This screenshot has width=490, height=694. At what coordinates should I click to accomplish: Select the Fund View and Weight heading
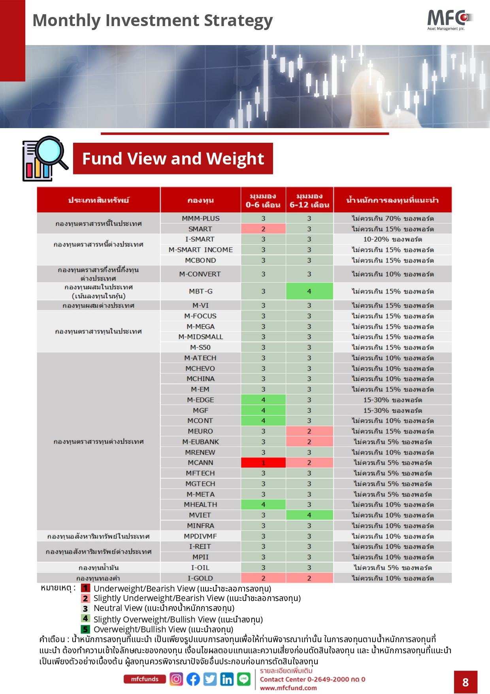(x=173, y=159)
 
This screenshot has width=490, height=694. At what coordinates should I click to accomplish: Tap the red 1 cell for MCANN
(x=263, y=463)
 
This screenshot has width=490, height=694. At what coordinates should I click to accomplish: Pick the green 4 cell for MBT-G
(x=309, y=291)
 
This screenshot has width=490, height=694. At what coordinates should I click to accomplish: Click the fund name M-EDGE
(x=200, y=400)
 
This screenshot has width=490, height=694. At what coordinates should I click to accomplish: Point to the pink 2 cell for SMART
(x=263, y=229)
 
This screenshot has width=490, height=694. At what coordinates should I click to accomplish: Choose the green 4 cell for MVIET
(x=309, y=515)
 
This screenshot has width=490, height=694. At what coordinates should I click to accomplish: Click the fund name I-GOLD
(x=200, y=578)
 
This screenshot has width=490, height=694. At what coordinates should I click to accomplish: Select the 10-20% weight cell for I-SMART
(x=392, y=239)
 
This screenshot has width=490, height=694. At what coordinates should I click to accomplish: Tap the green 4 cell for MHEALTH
(x=263, y=505)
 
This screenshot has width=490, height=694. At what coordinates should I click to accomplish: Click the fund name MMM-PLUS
(x=200, y=218)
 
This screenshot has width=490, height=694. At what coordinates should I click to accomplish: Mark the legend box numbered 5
(x=85, y=629)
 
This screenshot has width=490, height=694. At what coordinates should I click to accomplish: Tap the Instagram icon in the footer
(x=176, y=679)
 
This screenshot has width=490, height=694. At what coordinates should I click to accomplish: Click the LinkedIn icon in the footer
(x=227, y=679)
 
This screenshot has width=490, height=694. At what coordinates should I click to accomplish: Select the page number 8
(x=465, y=682)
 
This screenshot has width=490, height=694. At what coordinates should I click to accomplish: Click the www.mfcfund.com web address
(x=288, y=688)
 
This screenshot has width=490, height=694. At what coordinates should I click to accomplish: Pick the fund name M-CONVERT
(x=200, y=274)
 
